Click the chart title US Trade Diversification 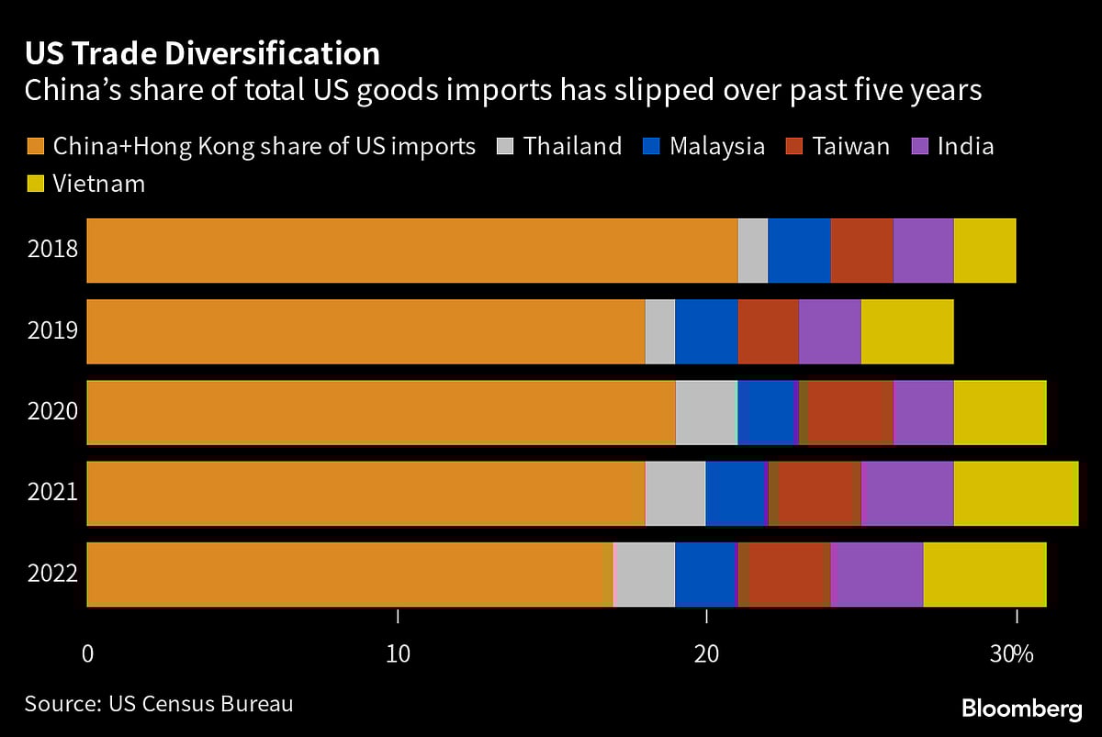point(202,54)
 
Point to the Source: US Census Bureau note point(159,704)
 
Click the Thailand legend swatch point(504,147)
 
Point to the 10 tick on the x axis point(397,654)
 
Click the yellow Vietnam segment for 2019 point(907,331)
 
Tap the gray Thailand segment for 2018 point(753,251)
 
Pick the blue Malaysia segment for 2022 point(705,574)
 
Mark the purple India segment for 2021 point(907,494)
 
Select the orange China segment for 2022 point(350,574)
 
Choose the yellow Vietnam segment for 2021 point(1016,494)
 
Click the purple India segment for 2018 point(923,251)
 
